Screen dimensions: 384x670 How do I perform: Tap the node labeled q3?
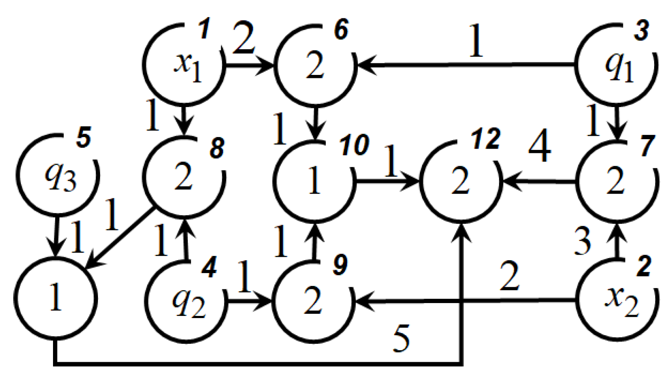[58, 176]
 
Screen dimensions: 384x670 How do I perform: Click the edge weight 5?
[401, 339]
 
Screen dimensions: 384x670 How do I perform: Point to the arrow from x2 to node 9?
[466, 301]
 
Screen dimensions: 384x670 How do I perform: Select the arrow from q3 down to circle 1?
[56, 235]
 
